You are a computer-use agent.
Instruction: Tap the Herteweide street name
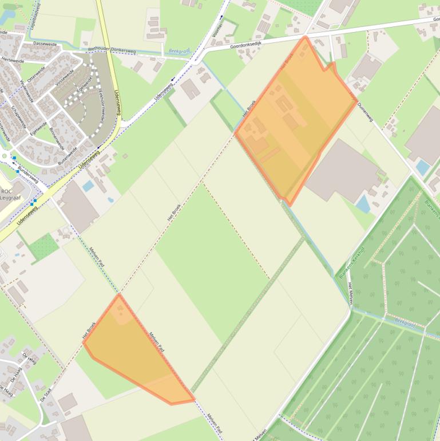click(x=13, y=60)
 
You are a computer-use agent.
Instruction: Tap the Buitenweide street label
click(x=67, y=155)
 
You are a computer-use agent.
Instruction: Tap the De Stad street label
click(x=46, y=396)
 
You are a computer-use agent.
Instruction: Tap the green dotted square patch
click(x=44, y=247)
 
